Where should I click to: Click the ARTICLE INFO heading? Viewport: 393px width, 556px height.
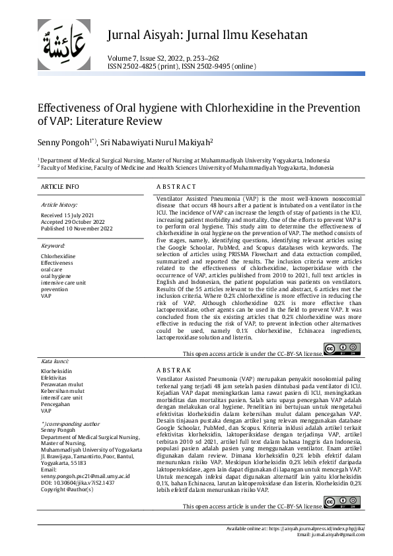[x=61, y=188]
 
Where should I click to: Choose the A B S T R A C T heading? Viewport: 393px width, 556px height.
[x=176, y=188]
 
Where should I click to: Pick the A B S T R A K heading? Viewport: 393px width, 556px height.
[x=174, y=370]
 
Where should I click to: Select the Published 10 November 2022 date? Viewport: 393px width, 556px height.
[x=77, y=229]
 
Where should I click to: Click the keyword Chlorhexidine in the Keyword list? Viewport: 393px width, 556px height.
[x=58, y=256]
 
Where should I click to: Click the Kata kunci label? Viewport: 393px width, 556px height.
[x=55, y=362]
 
